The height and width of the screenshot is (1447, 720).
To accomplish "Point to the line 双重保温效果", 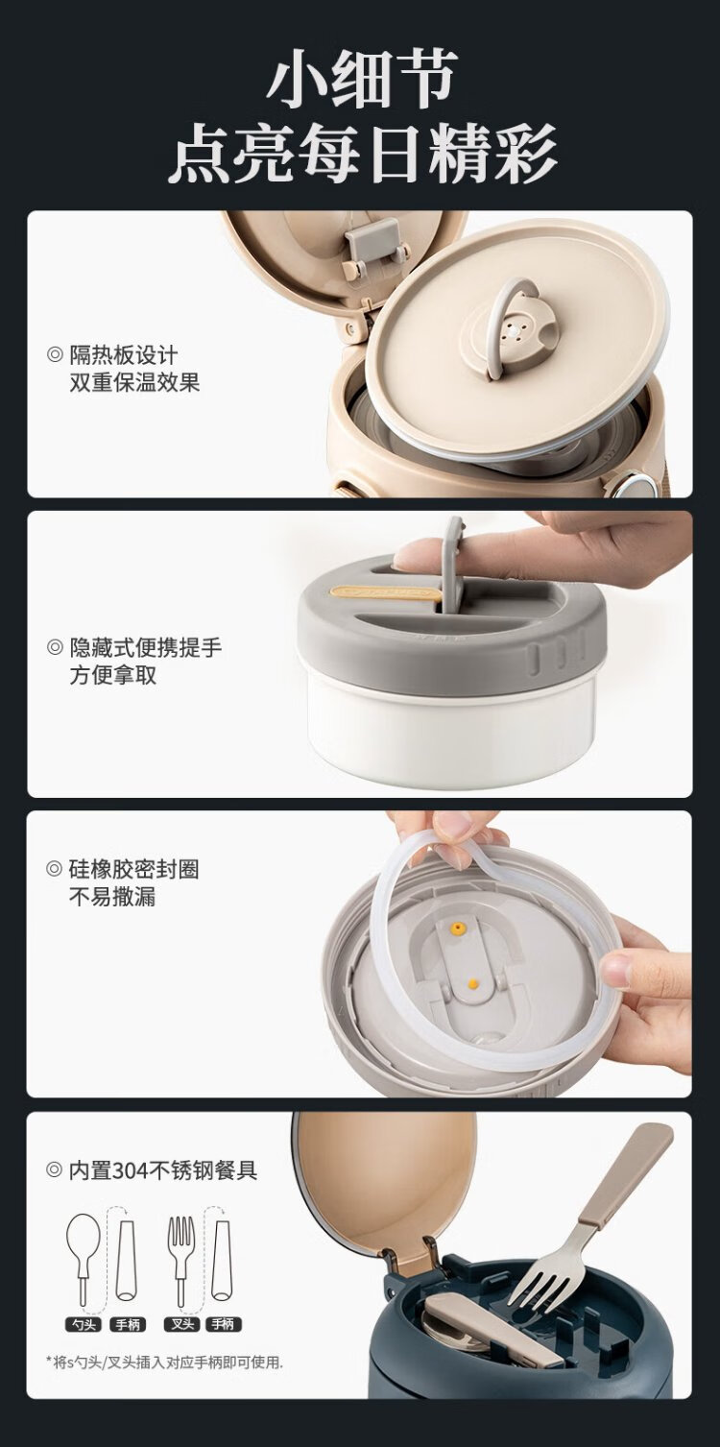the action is [x=134, y=382].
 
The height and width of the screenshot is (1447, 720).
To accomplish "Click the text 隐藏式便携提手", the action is [x=145, y=647].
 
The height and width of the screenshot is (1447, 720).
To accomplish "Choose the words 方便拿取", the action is [x=113, y=675].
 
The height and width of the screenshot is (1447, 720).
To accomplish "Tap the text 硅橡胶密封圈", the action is [x=133, y=870].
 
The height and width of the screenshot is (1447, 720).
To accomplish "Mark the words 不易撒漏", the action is [x=112, y=897].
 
